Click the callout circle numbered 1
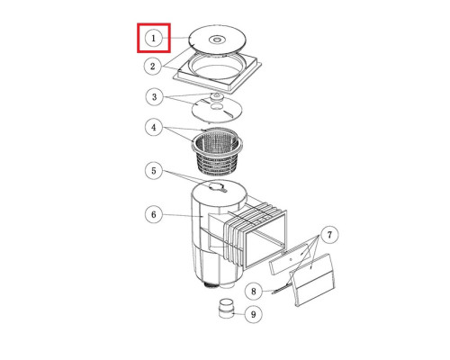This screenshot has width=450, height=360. [154, 39]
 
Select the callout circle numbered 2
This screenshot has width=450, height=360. [153, 66]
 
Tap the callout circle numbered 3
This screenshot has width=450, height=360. [154, 96]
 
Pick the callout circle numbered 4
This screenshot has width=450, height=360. [154, 128]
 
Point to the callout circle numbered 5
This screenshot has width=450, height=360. [154, 171]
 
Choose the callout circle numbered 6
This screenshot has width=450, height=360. [154, 214]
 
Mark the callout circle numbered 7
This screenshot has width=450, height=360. [329, 234]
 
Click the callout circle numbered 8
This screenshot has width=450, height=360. [254, 292]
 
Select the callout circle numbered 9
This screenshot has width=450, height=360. [254, 314]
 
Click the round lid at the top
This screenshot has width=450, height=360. [218, 40]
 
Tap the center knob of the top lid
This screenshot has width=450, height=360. [217, 39]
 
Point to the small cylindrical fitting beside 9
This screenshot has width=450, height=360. [226, 309]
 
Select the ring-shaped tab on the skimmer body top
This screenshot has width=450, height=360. [218, 187]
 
